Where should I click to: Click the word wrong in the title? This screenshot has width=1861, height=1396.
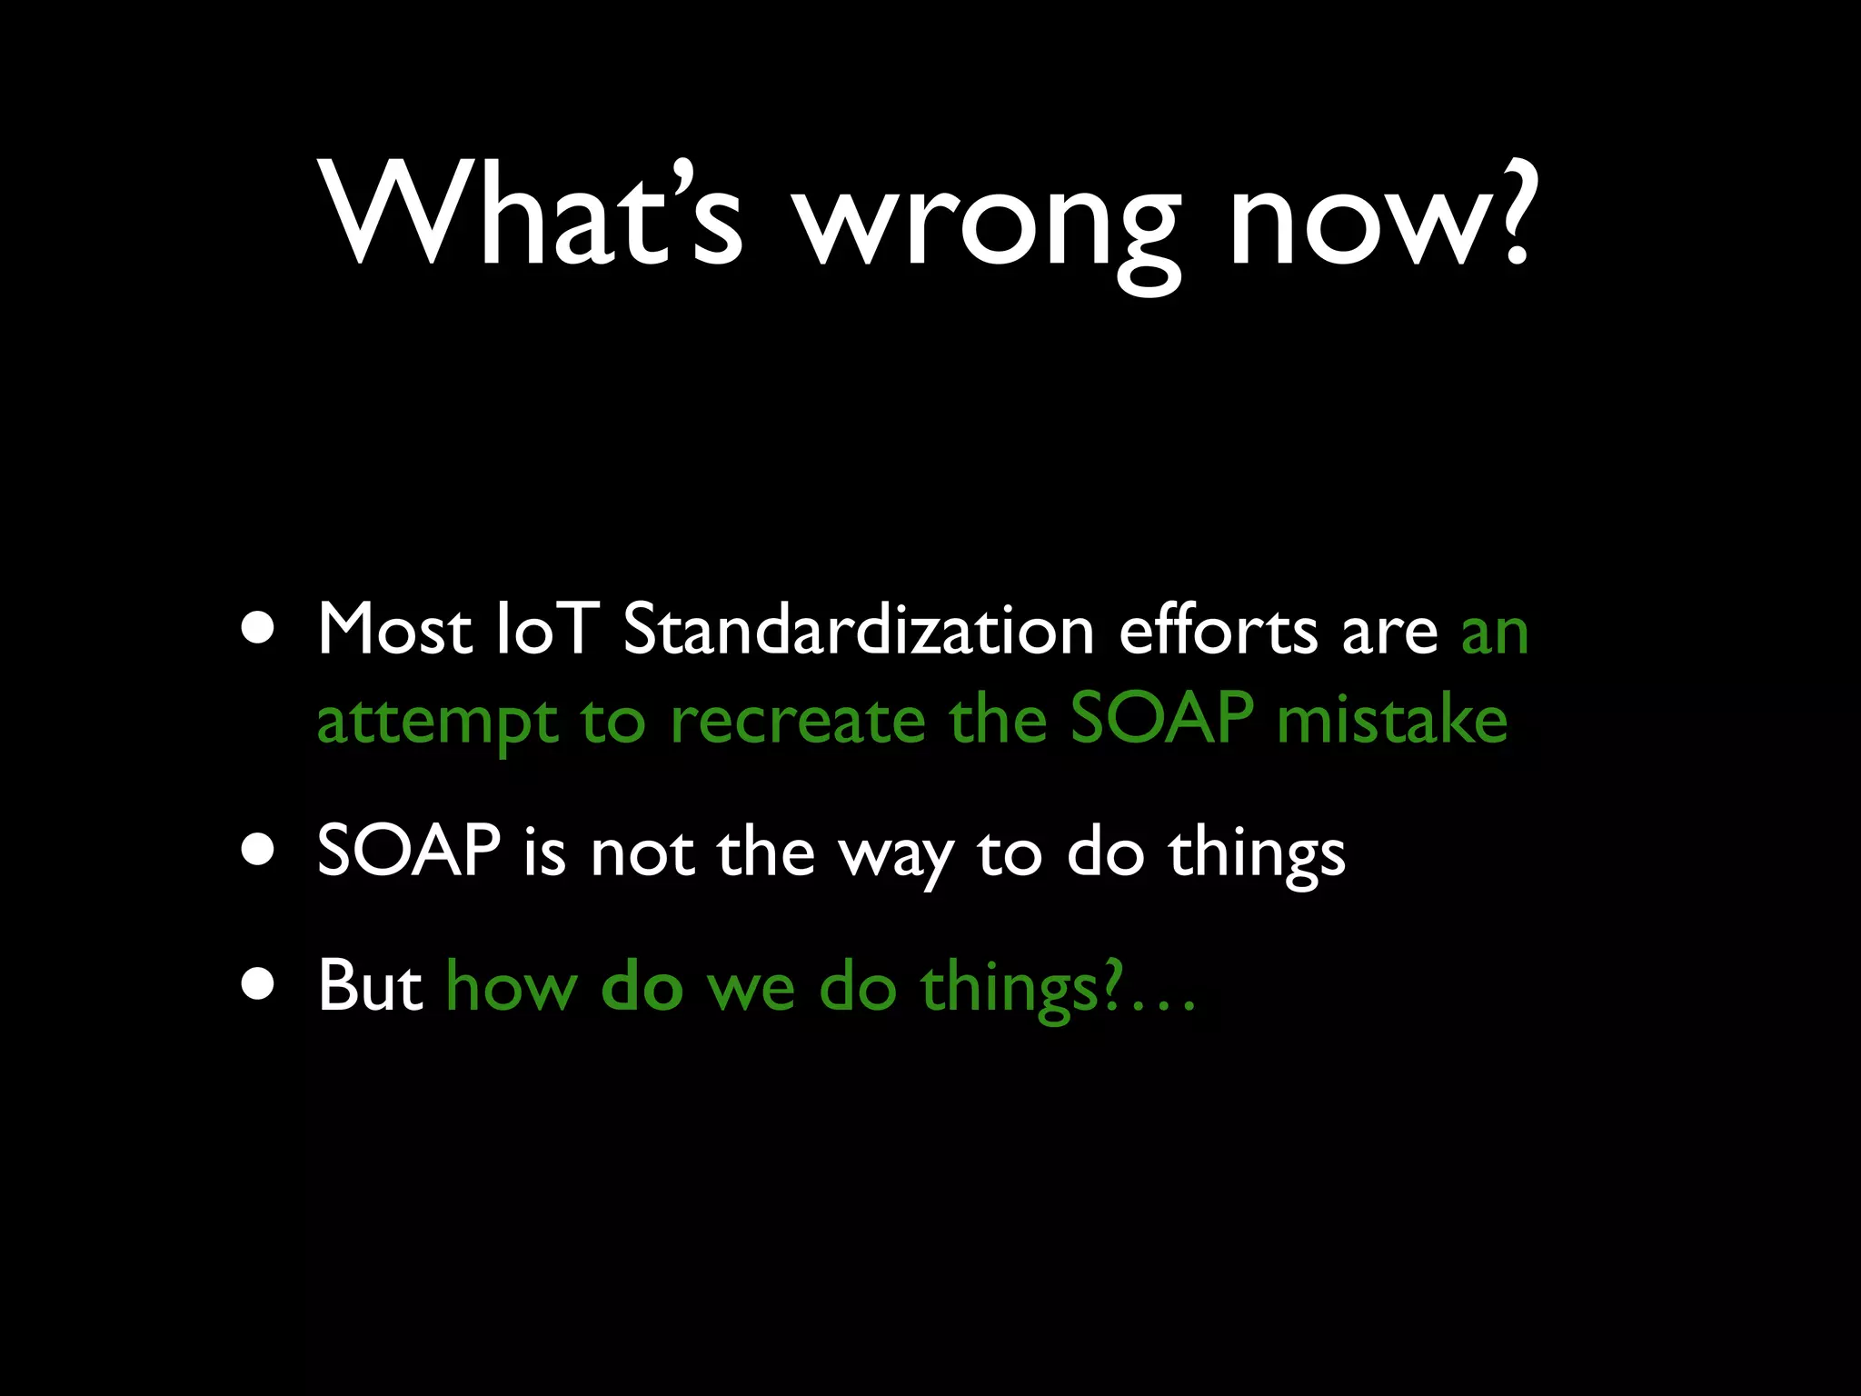[x=987, y=227]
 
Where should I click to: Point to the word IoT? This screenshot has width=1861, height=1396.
[x=545, y=629]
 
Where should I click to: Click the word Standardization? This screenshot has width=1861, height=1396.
[x=858, y=629]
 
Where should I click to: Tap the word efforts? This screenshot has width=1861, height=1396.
[x=1218, y=629]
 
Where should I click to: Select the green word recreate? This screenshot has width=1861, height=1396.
[x=797, y=721]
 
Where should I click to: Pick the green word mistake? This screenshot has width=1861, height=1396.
[x=1392, y=721]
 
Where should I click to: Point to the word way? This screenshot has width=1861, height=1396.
[x=895, y=859]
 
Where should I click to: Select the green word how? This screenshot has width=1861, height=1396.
[x=512, y=987]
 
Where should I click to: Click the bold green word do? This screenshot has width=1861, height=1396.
[x=642, y=987]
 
